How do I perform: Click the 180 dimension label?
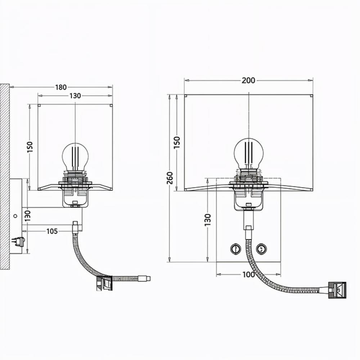(61, 87)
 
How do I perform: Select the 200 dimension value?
(248, 80)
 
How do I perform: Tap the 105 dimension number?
(52, 231)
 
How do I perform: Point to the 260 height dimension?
(170, 178)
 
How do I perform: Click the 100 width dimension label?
(249, 274)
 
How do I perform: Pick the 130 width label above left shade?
(75, 96)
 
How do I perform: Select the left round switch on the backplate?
(235, 249)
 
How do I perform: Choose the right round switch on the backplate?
(261, 249)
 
